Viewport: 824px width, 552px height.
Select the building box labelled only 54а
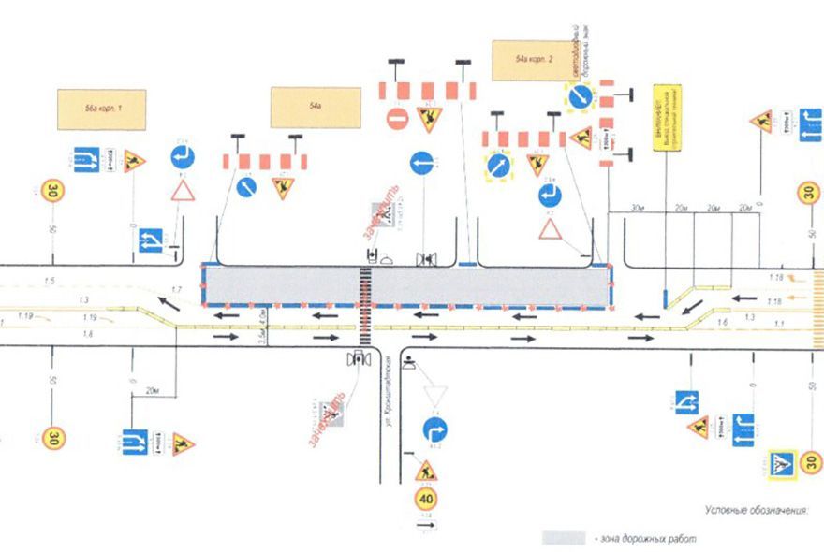pyautogui.click(x=316, y=107)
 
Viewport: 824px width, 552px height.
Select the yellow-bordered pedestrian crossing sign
pyautogui.click(x=780, y=462)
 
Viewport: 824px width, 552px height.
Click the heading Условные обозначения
pyautogui.click(x=756, y=511)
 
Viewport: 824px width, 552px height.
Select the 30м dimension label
pyautogui.click(x=639, y=207)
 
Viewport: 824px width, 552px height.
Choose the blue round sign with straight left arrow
pyautogui.click(x=425, y=162)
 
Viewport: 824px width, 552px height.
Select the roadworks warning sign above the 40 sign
pyautogui.click(x=426, y=469)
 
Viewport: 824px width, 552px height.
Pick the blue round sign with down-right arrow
pyautogui.click(x=578, y=94)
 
